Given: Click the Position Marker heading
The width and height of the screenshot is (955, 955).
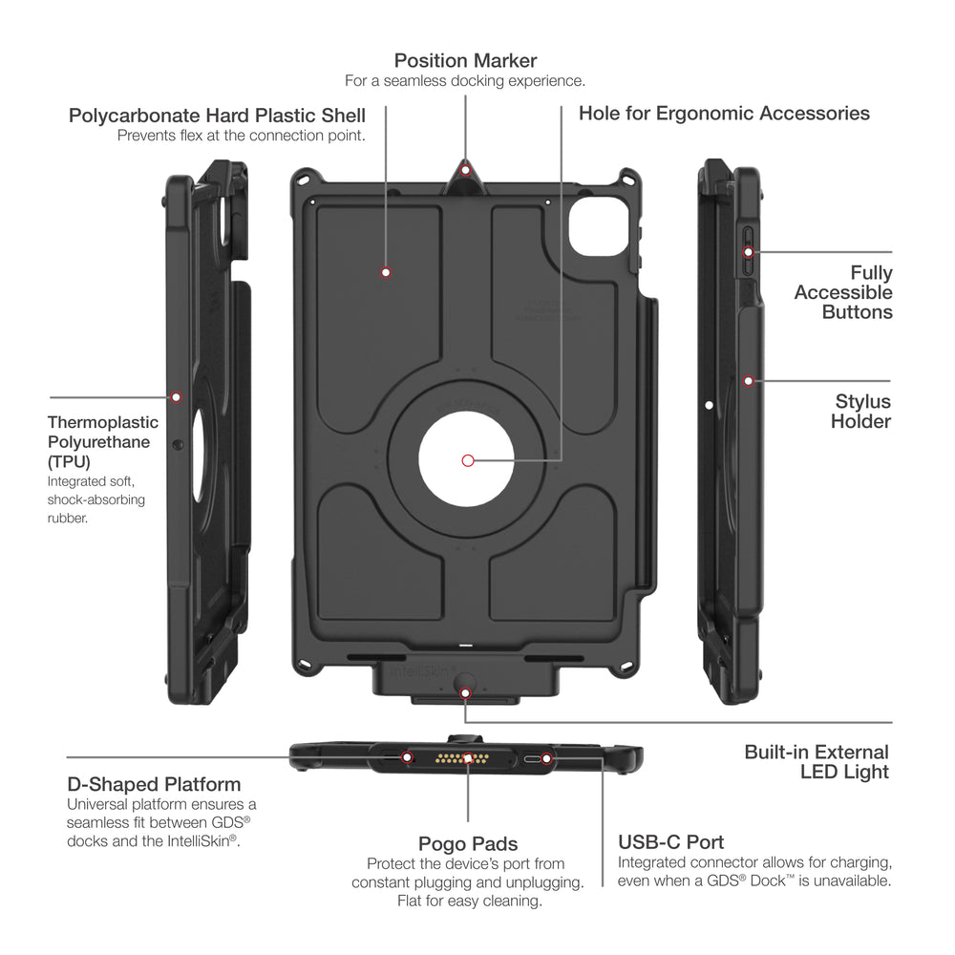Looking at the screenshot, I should pos(465,61).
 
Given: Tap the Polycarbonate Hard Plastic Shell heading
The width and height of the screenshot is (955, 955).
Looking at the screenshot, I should pos(217,116).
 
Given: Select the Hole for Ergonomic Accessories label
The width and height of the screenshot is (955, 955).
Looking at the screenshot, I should pos(724,114).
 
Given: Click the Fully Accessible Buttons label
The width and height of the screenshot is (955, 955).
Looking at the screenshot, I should pos(843,292).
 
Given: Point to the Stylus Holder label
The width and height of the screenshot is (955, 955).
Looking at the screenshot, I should pos(861,412).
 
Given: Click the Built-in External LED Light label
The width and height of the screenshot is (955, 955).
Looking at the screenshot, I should pos(817,762).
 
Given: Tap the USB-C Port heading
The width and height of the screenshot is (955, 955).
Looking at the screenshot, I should pos(670,842).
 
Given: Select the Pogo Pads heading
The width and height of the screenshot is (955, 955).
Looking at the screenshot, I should pos(468,844).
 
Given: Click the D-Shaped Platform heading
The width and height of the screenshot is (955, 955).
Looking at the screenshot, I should pos(154,785).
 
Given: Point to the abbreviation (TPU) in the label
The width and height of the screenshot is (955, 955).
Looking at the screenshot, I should pos(69,461).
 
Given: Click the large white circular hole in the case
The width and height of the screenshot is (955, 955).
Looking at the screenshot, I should pos(467,460).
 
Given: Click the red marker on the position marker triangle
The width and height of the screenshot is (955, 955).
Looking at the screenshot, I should pos(466,171).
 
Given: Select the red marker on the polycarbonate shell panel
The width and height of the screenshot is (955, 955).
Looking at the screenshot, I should pos(386,272).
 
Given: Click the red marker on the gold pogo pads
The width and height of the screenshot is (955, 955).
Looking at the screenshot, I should pos(468,759).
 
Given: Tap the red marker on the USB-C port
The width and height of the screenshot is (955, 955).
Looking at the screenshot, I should pos(546,759).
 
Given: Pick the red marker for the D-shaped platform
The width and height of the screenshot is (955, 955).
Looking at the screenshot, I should pos(407,758).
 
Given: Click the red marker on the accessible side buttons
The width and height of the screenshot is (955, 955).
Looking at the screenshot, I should pos(749,252).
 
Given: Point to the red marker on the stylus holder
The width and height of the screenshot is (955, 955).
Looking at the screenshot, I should pos(749,381).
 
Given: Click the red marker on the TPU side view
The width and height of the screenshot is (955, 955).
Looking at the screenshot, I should pos(176,397).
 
